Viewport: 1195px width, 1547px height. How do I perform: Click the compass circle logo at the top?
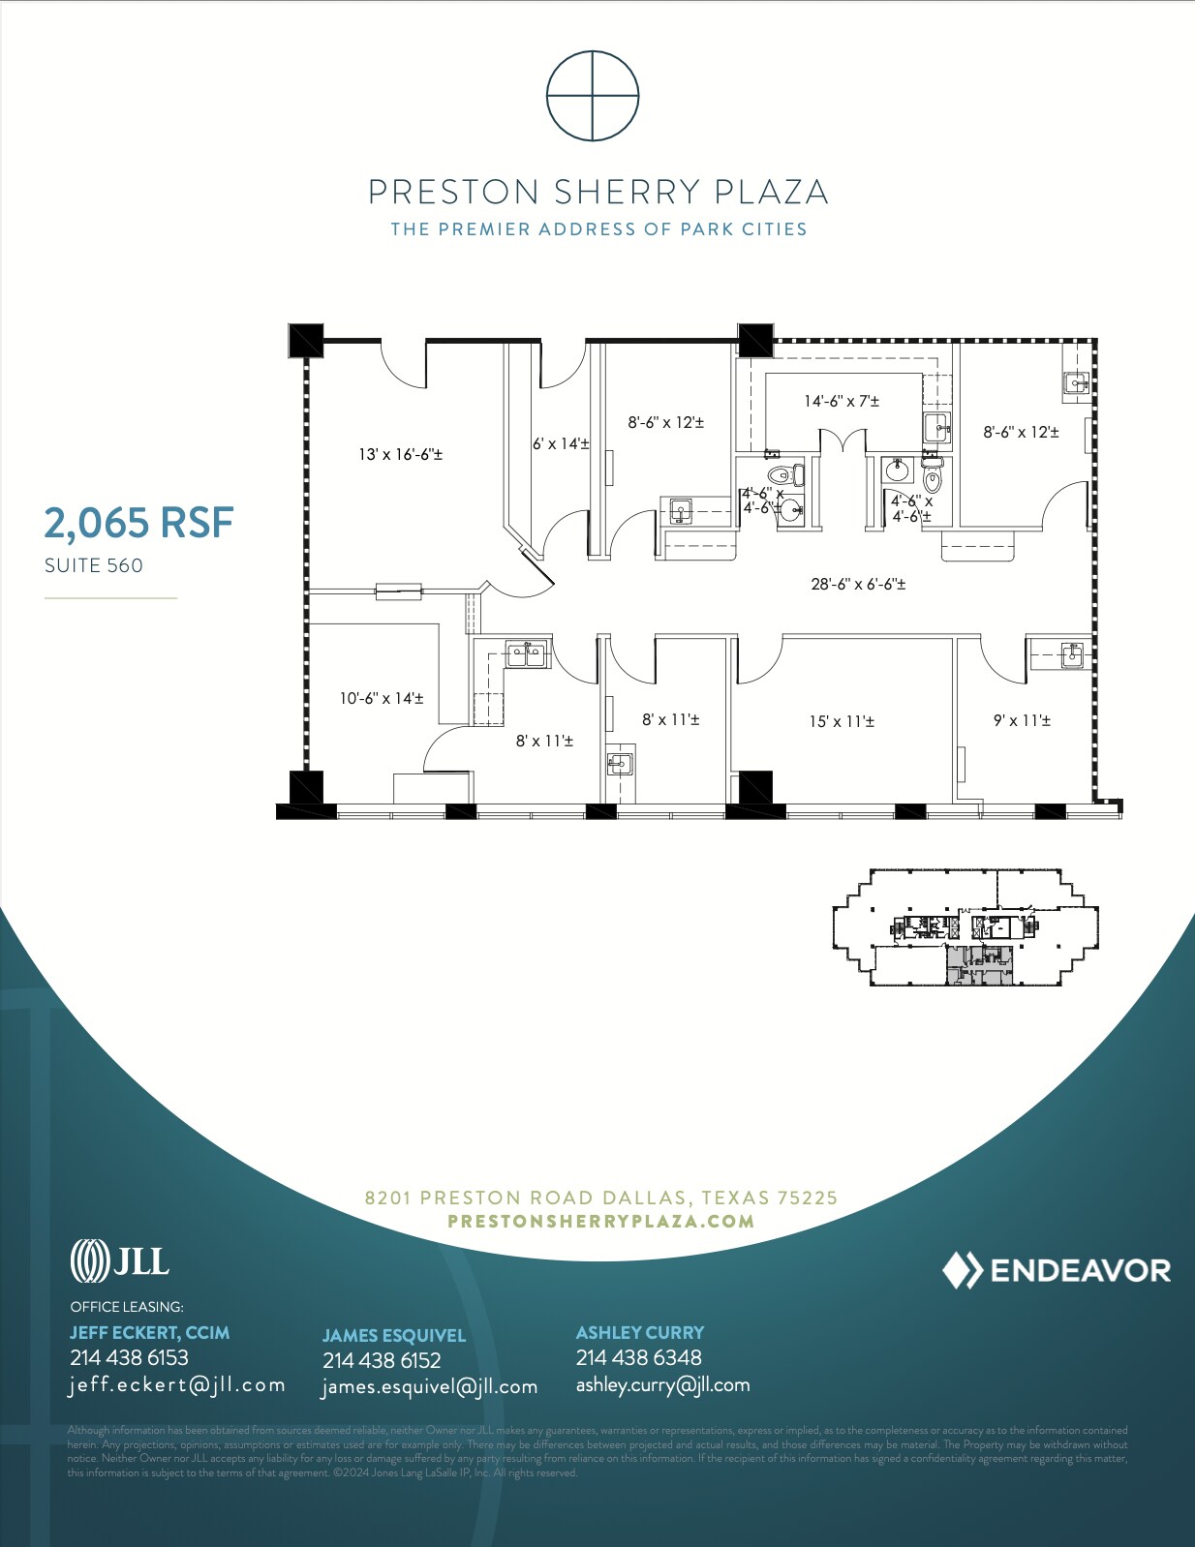pyautogui.click(x=593, y=96)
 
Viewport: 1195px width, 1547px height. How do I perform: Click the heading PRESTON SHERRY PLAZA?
pyautogui.click(x=597, y=192)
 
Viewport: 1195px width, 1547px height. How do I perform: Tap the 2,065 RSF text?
pyautogui.click(x=138, y=524)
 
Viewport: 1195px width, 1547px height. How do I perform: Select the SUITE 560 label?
pyautogui.click(x=94, y=565)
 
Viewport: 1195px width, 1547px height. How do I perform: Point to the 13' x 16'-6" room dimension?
pyautogui.click(x=400, y=454)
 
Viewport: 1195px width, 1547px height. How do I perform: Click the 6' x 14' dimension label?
pyautogui.click(x=561, y=443)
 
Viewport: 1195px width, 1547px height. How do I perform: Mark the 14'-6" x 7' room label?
pyautogui.click(x=842, y=401)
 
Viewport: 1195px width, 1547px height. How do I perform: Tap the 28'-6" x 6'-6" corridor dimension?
pyautogui.click(x=858, y=584)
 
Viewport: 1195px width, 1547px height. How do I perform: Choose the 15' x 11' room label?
pyautogui.click(x=842, y=721)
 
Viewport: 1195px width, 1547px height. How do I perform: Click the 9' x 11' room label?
pyautogui.click(x=1022, y=720)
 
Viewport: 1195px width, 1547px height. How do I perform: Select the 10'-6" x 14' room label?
pyautogui.click(x=381, y=698)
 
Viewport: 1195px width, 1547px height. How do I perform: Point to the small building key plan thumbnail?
pyautogui.click(x=965, y=927)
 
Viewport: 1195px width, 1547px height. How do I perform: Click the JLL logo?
pyautogui.click(x=119, y=1260)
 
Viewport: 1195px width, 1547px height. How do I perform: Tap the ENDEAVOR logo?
pyautogui.click(x=1057, y=1270)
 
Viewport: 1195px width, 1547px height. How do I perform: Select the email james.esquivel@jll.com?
pyautogui.click(x=429, y=1386)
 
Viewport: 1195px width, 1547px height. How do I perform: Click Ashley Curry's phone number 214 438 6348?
pyautogui.click(x=638, y=1357)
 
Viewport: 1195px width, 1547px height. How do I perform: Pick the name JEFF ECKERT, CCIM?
pyautogui.click(x=149, y=1332)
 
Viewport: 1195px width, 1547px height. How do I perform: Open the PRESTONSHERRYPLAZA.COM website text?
pyautogui.click(x=600, y=1221)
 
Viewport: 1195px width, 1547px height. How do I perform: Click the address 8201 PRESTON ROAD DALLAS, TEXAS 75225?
pyautogui.click(x=600, y=1198)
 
